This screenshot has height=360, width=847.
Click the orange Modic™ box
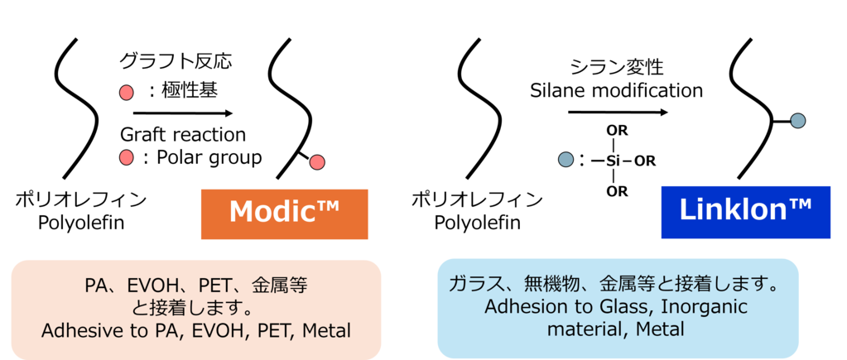283,213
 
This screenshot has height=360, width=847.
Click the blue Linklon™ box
745,211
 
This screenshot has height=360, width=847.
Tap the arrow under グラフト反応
182,113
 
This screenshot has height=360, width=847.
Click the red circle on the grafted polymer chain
316,163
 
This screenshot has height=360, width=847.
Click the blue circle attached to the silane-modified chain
797,122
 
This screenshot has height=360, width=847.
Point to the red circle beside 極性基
127,92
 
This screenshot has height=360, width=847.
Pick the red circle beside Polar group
127,157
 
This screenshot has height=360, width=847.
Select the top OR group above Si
616,131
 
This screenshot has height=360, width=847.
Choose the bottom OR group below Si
617,191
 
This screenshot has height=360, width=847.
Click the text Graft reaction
183,134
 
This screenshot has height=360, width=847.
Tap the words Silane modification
616,90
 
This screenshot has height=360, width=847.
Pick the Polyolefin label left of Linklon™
477,222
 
